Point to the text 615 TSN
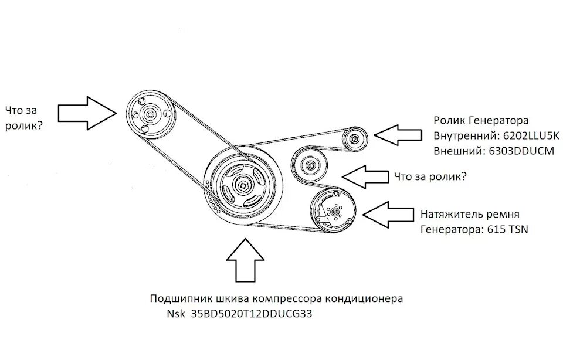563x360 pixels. (508, 230)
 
